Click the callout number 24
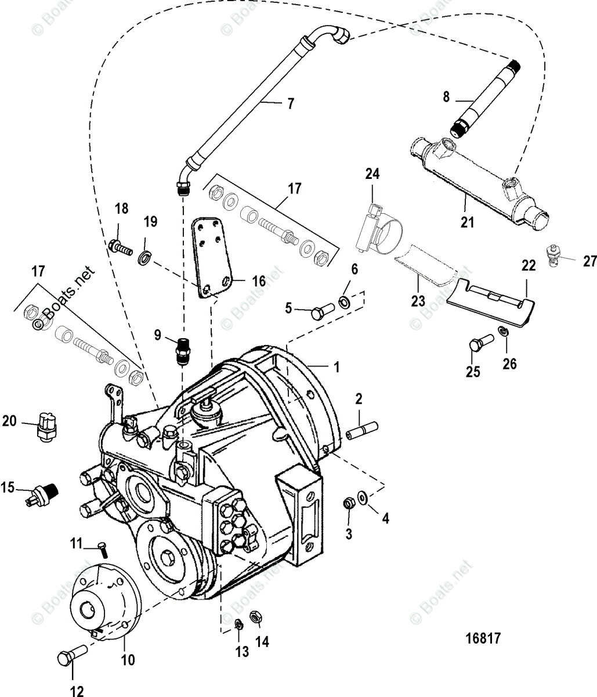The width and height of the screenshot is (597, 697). click(x=372, y=173)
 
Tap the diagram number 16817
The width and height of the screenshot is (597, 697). click(x=483, y=638)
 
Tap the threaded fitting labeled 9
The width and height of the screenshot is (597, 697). click(x=183, y=351)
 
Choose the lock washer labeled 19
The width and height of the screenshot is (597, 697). click(x=143, y=256)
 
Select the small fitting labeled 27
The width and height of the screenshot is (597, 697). click(x=553, y=256)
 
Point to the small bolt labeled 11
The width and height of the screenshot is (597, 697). click(x=103, y=546)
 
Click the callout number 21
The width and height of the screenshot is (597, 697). click(x=468, y=221)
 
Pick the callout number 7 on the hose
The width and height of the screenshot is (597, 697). click(x=290, y=104)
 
